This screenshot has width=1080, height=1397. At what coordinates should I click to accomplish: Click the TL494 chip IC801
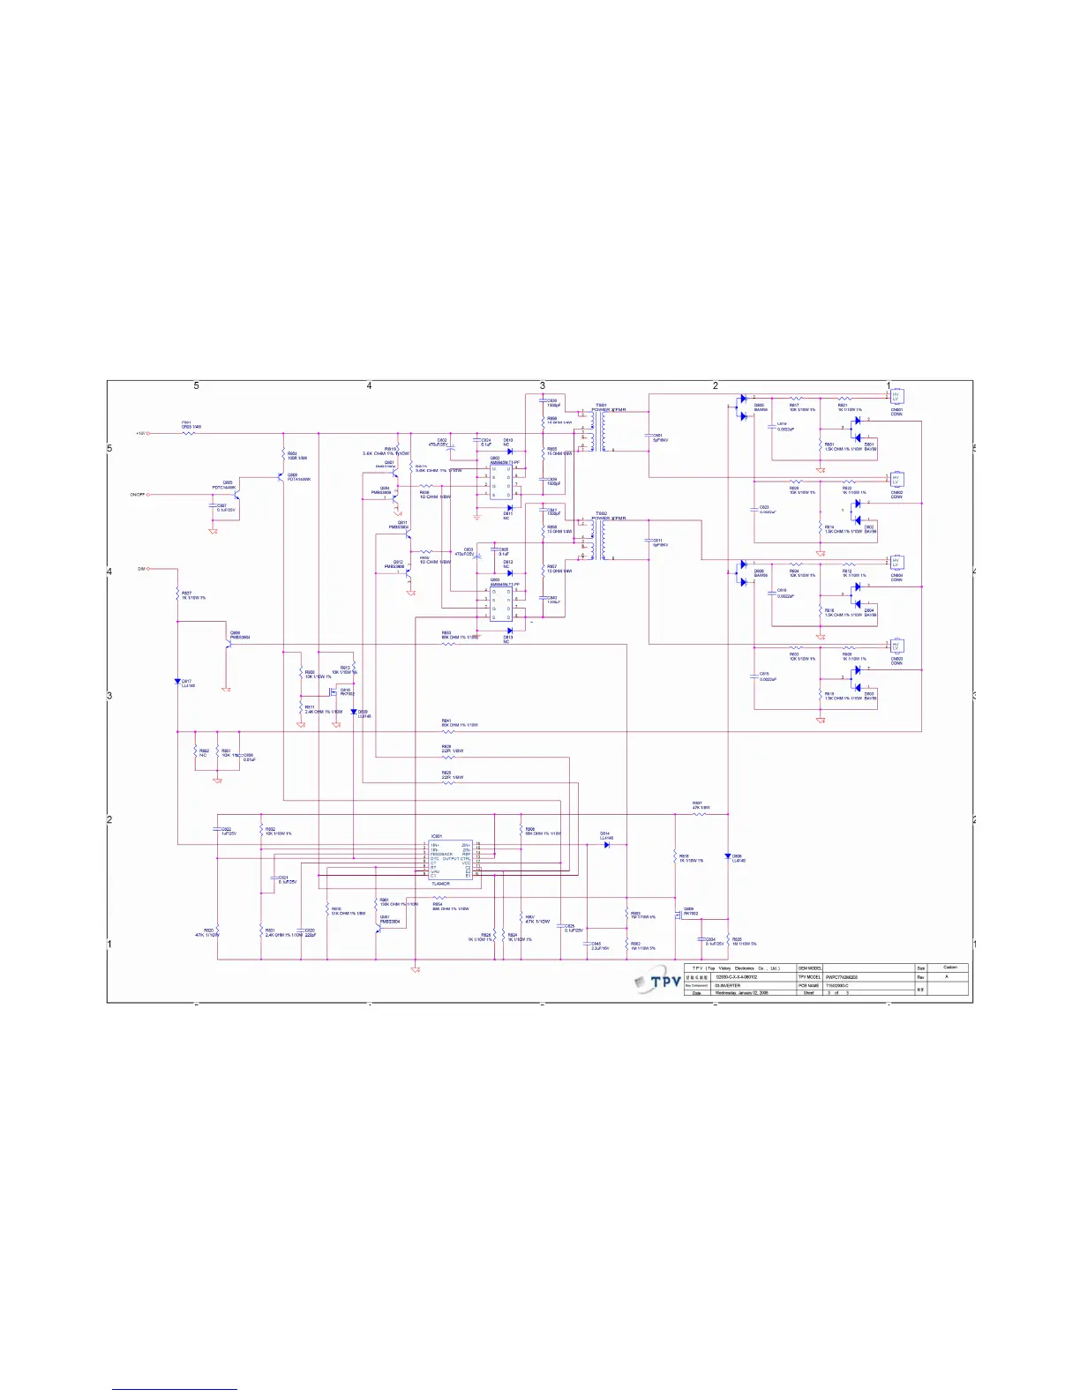(x=451, y=860)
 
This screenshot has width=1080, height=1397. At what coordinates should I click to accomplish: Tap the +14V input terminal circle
(x=148, y=433)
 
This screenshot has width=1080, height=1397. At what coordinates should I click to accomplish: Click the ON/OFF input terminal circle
(x=148, y=495)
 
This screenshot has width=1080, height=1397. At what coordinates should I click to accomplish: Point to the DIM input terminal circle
(x=148, y=569)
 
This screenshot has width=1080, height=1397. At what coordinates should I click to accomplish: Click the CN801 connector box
(x=896, y=397)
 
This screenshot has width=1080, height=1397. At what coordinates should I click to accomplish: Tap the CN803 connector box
(x=896, y=646)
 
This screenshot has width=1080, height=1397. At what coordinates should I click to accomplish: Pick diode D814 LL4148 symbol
(x=607, y=845)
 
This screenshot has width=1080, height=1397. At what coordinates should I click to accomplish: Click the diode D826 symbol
(x=728, y=856)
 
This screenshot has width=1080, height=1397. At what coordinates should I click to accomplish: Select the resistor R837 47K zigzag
(x=699, y=814)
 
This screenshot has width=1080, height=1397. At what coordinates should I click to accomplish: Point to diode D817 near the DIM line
(x=177, y=681)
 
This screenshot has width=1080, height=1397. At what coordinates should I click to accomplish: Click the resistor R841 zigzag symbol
(x=448, y=732)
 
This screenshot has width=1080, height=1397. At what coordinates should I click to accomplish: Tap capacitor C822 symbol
(x=217, y=830)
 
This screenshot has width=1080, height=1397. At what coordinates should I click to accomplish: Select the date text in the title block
(x=741, y=993)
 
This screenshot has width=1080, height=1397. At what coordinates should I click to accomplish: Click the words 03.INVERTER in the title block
(x=728, y=985)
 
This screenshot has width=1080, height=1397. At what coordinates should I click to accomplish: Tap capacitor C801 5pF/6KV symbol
(x=649, y=435)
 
